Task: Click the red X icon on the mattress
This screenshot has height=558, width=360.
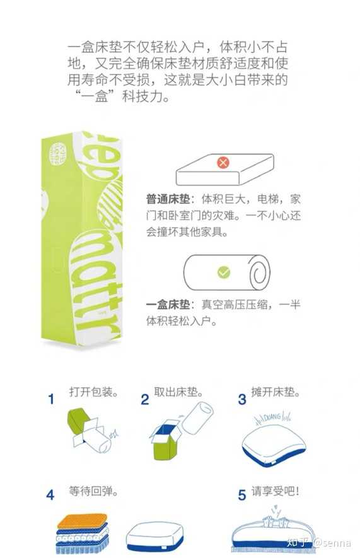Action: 223,163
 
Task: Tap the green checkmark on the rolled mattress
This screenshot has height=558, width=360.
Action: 224,272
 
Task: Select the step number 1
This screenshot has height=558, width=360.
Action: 52,399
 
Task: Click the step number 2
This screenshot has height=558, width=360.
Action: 145,400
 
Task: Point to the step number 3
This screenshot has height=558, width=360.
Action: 242,400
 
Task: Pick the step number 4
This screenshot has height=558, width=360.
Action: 50,495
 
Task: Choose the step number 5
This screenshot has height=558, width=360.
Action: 242,495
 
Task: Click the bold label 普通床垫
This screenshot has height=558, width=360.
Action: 168,199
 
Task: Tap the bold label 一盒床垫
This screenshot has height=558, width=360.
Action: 168,305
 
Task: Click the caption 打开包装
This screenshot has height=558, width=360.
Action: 93,392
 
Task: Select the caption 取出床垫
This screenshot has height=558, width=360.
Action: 178,392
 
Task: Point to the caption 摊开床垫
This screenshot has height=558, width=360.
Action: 276,392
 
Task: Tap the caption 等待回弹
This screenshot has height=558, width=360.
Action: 93,491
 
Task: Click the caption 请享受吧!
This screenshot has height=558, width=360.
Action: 276,491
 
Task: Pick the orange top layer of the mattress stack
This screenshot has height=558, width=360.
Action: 83,520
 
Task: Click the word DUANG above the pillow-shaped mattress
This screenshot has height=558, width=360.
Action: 272,416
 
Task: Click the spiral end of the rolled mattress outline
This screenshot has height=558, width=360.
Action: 259,273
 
